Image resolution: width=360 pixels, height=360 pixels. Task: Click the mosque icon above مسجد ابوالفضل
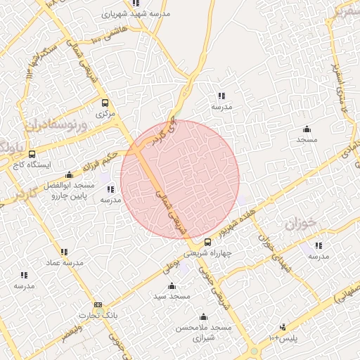(68, 175)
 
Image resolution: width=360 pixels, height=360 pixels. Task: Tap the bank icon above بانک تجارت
(98, 305)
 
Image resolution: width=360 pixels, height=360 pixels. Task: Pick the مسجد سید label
(172, 296)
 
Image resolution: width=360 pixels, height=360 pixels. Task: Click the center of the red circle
(180, 180)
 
